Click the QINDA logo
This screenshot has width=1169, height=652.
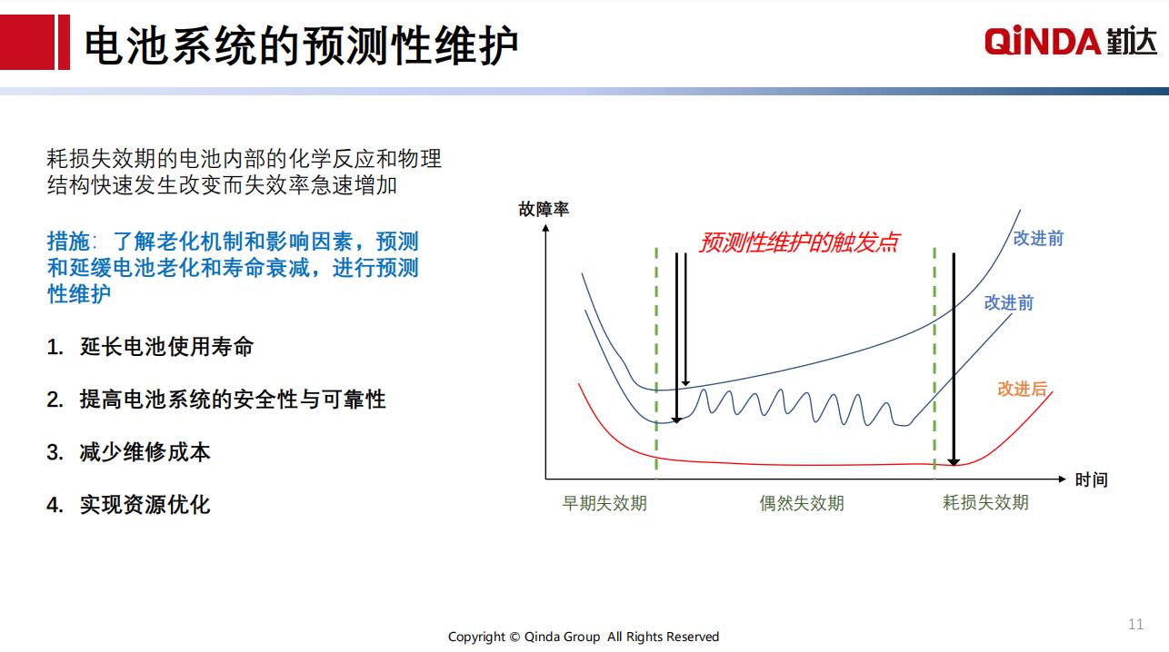tap(1070, 41)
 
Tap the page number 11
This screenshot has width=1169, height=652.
tap(1135, 624)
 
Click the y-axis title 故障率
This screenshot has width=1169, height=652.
tap(544, 210)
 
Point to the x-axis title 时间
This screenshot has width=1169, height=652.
tap(1091, 479)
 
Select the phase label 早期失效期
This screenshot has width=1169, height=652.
tap(604, 503)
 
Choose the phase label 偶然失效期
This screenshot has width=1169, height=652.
tap(802, 503)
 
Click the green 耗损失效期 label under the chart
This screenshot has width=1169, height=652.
tap(985, 502)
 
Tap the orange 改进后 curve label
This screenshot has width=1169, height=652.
tap(1023, 389)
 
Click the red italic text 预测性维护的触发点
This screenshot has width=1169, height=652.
tap(799, 242)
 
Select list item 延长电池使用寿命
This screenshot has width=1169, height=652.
tap(166, 347)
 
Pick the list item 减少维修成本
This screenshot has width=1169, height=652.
tap(145, 452)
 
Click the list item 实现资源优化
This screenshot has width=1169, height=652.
tap(145, 505)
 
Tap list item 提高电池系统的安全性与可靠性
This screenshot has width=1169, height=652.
tap(233, 400)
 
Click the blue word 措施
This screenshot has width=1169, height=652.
tap(68, 242)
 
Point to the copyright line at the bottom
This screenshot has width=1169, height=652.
tap(584, 637)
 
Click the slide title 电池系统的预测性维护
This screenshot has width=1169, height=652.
tap(301, 46)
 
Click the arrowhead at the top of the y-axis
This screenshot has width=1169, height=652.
tap(546, 228)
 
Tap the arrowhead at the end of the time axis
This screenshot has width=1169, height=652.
tap(1062, 479)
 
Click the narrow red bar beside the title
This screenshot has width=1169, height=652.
tap(64, 42)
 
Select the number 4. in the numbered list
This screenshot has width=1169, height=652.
tap(55, 505)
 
